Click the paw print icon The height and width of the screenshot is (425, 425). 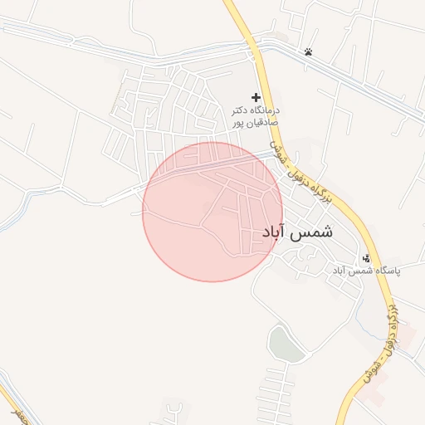308,51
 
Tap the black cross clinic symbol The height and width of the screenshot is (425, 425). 256,97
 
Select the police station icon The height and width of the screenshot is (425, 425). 366,258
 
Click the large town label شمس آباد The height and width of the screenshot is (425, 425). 296,232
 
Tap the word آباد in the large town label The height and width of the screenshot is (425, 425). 273,233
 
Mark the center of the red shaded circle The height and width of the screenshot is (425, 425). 212,212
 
